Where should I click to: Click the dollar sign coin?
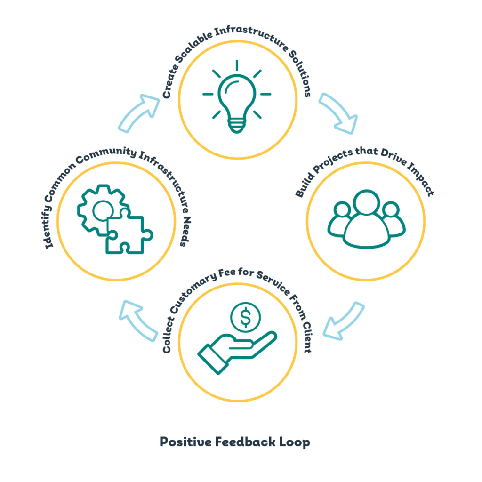pyautogui.click(x=245, y=317)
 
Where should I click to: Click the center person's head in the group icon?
pyautogui.click(x=366, y=202)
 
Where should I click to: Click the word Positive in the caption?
pyautogui.click(x=185, y=442)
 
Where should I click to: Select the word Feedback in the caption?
pyautogui.click(x=245, y=442)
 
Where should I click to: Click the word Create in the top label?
pyautogui.click(x=170, y=81)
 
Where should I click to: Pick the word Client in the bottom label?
pyautogui.click(x=307, y=337)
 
